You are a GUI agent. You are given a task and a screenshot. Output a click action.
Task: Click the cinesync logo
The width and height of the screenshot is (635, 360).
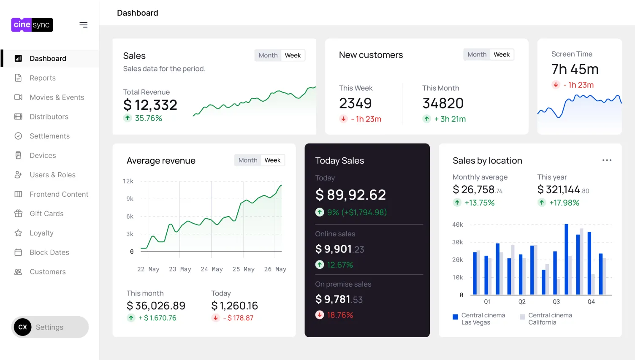point(32,25)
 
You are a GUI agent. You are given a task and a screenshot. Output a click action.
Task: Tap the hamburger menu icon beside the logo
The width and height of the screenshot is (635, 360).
point(84,25)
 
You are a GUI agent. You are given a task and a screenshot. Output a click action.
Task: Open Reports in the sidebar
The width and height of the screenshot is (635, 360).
point(42,78)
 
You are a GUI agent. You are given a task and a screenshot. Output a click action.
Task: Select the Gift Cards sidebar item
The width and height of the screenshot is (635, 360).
point(46,214)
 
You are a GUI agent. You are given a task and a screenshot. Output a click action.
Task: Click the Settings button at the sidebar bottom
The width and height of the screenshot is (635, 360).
point(49,327)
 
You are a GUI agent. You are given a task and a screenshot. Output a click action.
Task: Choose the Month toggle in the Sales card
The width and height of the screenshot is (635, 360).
point(268,55)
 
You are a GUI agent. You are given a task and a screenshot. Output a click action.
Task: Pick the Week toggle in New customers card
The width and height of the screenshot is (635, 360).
point(502,54)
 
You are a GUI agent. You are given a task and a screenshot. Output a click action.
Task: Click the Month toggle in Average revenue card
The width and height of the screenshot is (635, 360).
point(248,160)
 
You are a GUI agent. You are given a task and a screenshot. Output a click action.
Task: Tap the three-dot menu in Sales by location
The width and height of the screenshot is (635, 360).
point(607,160)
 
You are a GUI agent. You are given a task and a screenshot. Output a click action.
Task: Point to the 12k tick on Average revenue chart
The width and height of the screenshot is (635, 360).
point(128,181)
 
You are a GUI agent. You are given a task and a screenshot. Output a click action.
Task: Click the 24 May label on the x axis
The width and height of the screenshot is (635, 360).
point(212,269)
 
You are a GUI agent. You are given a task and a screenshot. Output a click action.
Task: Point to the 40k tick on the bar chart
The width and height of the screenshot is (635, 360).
point(458,225)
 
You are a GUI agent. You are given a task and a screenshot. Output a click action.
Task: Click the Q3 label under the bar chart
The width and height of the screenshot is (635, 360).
point(556,302)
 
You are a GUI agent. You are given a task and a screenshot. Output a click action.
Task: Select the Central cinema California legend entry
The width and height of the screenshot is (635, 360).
point(546,319)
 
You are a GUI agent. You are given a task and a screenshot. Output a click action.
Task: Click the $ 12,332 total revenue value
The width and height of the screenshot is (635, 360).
point(150,105)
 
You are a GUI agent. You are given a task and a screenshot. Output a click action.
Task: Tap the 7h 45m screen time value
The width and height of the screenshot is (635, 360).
point(575,69)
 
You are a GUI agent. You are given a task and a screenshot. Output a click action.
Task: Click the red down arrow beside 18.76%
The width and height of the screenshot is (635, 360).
point(320,315)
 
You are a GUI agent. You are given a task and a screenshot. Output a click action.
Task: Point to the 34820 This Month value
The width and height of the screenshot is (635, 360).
point(443,103)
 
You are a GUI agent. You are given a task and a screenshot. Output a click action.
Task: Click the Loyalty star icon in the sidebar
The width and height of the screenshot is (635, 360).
point(18,233)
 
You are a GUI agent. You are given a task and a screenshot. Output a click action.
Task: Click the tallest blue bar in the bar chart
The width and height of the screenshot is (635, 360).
point(566,259)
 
